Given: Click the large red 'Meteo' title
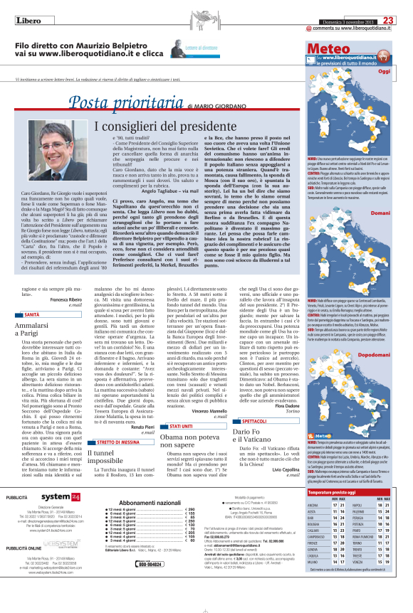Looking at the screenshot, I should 328,48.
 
